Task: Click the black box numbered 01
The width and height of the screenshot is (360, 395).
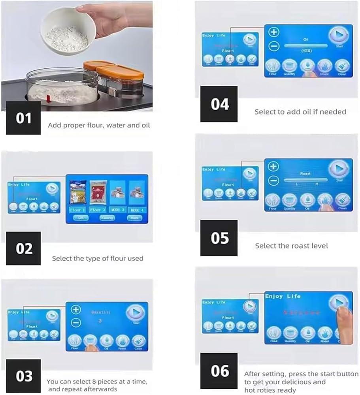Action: pos(23,118)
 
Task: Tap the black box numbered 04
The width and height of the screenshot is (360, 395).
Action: pos(220,104)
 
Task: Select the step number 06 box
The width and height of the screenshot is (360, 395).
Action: pos(219,371)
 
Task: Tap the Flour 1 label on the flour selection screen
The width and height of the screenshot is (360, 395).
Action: pos(77,210)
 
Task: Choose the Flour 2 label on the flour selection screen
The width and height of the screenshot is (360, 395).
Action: pos(98,210)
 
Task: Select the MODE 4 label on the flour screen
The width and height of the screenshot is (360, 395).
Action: pos(137,210)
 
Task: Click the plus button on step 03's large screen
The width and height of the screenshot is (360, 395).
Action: pos(76,310)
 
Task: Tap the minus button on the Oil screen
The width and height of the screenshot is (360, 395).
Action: pos(274,46)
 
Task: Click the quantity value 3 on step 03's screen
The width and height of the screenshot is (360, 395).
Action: pos(100,321)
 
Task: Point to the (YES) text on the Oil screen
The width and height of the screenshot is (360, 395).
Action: pos(306,51)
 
